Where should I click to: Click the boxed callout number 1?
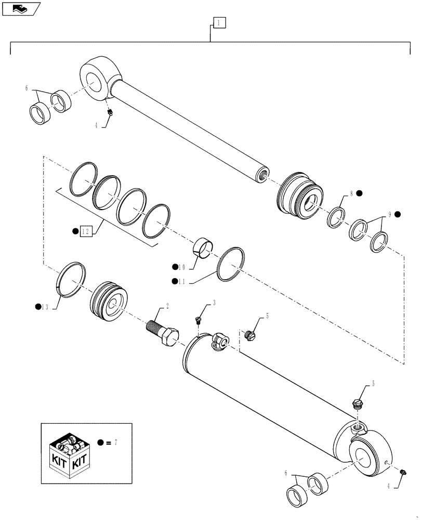tap(219, 22)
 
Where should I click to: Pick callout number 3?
tap(214, 302)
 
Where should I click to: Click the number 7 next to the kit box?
tap(116, 442)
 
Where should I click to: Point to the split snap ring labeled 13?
tap(71, 281)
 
